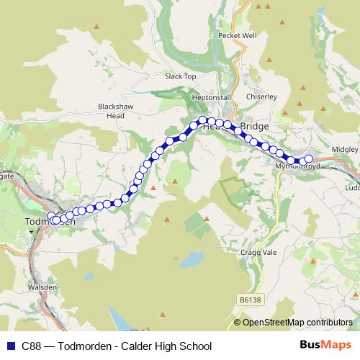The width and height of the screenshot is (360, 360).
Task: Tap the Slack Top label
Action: (x=180, y=76)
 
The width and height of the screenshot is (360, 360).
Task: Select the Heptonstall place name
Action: (x=211, y=98)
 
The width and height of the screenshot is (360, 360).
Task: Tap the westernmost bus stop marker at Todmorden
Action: (x=51, y=217)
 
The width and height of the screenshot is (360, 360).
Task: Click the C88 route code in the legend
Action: (x=32, y=346)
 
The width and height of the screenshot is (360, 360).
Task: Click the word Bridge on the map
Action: (x=254, y=126)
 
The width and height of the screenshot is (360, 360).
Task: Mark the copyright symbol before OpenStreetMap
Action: (x=238, y=323)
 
